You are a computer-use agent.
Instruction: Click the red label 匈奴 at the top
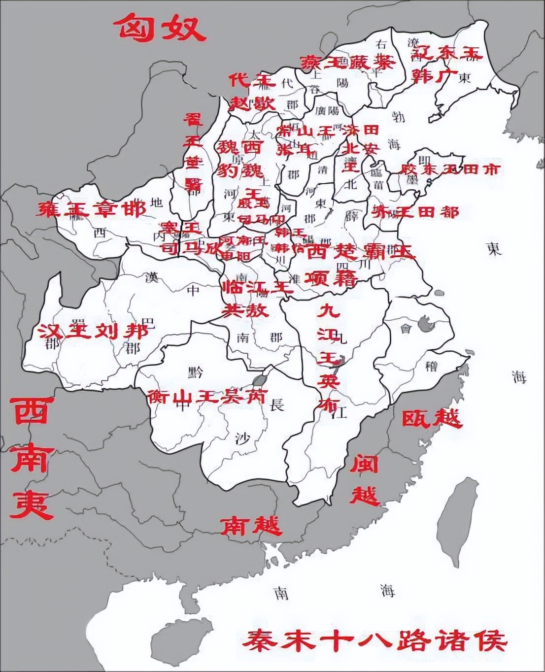[161, 28]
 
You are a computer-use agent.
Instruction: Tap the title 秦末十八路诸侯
[377, 640]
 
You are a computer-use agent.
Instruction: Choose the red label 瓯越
[432, 418]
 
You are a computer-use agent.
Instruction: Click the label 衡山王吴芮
[207, 396]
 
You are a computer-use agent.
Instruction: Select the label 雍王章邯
[92, 209]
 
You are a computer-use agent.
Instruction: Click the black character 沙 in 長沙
[241, 437]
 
